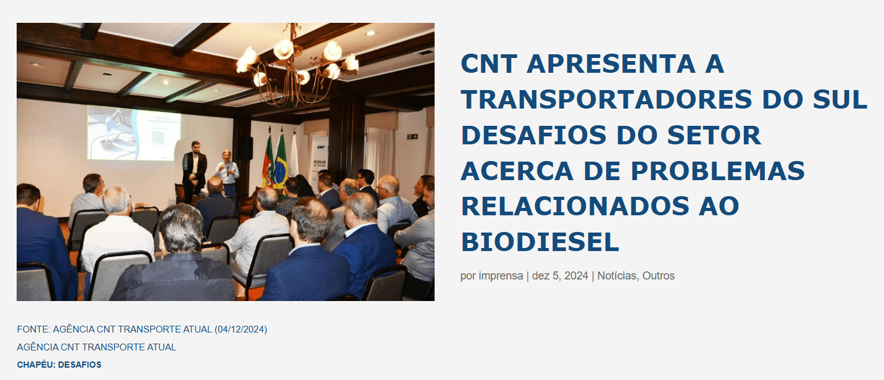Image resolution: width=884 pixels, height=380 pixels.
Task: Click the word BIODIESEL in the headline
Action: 540,242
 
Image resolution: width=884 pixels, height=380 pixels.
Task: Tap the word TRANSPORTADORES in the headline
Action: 607,99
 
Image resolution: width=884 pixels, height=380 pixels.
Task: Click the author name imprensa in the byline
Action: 501,276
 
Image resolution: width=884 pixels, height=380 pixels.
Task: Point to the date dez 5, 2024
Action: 560,276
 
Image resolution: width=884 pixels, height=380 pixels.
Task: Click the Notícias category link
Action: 617,276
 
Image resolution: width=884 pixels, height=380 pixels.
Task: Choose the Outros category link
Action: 659,276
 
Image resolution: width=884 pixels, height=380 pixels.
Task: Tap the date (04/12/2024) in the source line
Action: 241,329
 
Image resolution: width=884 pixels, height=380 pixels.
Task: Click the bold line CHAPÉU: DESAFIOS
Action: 59,365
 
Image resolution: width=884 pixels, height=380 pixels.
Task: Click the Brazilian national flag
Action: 281,162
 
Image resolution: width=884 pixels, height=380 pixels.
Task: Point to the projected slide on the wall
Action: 134,133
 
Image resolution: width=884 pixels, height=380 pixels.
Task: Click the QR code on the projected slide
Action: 157,137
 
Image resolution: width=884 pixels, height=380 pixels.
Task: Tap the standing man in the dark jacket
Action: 194,171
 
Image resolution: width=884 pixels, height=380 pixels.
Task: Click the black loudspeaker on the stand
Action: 246,148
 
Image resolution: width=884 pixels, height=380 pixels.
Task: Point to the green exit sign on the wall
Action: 412,136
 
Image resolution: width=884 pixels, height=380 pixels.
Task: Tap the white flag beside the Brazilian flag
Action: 294,155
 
